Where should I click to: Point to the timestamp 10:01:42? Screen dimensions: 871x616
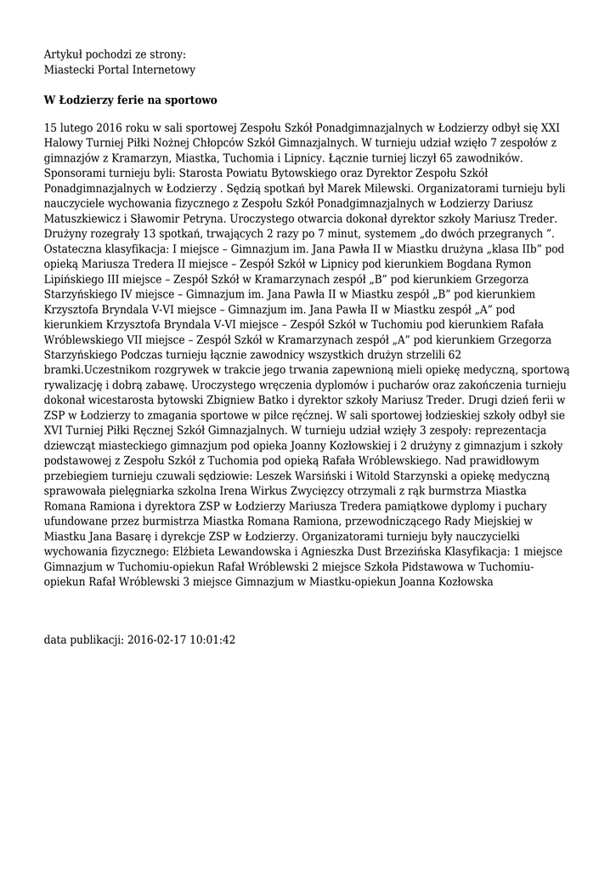(211, 639)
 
